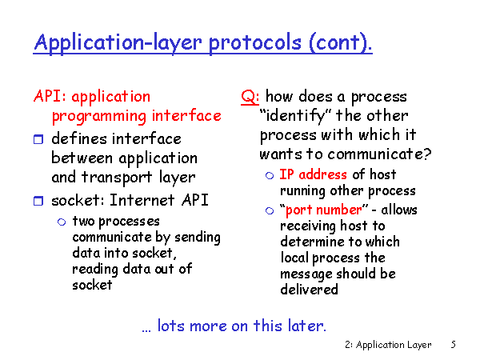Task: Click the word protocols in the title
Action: [x=254, y=43]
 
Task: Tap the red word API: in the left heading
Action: [x=50, y=96]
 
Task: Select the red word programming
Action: [x=99, y=117]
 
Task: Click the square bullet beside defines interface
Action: [x=38, y=139]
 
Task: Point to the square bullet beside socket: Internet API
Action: [x=38, y=201]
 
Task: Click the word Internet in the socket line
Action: [x=142, y=200]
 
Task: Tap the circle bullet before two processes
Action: [x=62, y=222]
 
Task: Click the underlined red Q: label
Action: [x=250, y=97]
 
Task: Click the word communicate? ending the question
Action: [x=379, y=154]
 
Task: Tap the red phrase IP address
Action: [x=313, y=174]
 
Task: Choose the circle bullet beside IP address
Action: [x=270, y=175]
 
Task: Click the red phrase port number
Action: [x=323, y=210]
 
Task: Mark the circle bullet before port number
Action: [x=270, y=210]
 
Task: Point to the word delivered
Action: [x=309, y=289]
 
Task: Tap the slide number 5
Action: [x=453, y=345]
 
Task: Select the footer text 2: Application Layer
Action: [x=388, y=345]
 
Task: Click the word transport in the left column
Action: [x=117, y=178]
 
